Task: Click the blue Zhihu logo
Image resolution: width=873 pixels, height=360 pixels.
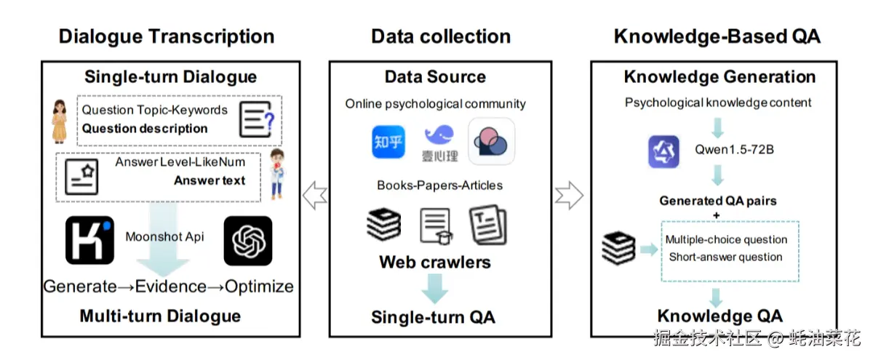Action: click(388, 142)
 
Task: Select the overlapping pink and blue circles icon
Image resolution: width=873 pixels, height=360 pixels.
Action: click(491, 141)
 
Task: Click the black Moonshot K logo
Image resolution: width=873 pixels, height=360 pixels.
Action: click(89, 241)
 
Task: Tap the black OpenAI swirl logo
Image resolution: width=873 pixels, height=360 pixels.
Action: click(248, 241)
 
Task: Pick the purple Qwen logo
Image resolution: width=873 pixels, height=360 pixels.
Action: click(663, 151)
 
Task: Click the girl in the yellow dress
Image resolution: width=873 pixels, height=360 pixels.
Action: click(60, 121)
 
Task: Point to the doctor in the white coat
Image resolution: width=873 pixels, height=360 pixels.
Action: click(277, 174)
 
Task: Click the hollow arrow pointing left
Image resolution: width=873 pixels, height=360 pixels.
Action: click(315, 195)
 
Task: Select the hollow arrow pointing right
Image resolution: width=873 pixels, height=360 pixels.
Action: click(569, 195)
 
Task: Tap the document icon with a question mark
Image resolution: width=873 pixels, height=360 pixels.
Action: click(257, 119)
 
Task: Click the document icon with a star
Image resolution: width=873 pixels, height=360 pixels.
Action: click(81, 177)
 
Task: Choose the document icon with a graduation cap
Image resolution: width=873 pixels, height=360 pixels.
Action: click(436, 226)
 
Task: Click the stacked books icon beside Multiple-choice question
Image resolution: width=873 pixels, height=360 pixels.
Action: click(618, 249)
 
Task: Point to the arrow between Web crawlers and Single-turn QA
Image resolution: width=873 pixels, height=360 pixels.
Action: click(435, 288)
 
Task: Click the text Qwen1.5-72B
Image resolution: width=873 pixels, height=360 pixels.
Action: click(734, 150)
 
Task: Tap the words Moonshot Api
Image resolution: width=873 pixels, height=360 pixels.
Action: click(164, 237)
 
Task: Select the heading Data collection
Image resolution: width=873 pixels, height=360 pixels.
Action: click(441, 36)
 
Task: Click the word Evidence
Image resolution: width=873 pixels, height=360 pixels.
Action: click(171, 287)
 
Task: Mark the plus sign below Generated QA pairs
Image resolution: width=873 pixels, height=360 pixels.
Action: click(717, 215)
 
